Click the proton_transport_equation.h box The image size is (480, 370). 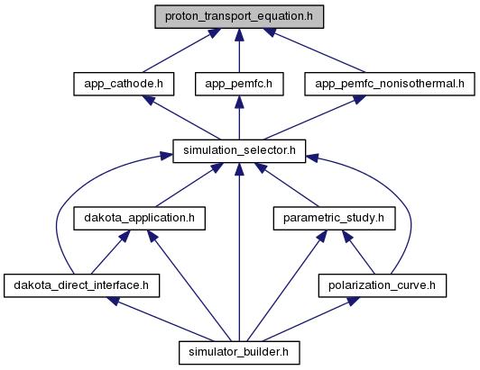click(x=239, y=17)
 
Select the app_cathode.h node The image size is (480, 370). click(x=124, y=84)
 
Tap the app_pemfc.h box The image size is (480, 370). click(x=239, y=84)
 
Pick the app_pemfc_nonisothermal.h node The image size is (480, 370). click(x=390, y=84)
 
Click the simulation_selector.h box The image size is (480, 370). click(x=239, y=151)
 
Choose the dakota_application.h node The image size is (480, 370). click(x=139, y=219)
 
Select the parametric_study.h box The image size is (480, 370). click(x=334, y=219)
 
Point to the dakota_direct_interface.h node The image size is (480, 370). click(x=82, y=285)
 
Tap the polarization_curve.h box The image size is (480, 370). click(x=383, y=285)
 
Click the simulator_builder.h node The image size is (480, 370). click(x=239, y=353)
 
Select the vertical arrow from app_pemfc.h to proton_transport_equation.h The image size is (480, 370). click(x=239, y=50)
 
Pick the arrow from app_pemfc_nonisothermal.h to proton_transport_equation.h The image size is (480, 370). click(x=315, y=50)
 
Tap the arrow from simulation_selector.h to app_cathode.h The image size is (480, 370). click(x=181, y=118)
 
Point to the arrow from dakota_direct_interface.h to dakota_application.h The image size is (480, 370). click(x=110, y=252)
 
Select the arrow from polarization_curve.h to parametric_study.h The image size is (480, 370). click(x=358, y=252)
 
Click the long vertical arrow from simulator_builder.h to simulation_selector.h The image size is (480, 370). click(x=239, y=252)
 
